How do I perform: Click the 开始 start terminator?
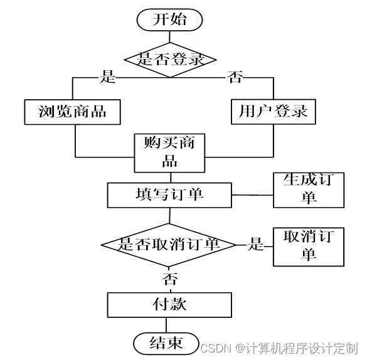pos(169,19)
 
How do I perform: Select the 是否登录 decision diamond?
pos(170,60)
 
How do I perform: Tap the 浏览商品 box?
pos(73,112)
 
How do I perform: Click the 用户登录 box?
pos(274,112)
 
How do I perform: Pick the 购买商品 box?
pos(169,153)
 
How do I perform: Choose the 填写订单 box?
pos(169,195)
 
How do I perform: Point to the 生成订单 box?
pos(309,190)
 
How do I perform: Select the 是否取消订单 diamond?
pos(169,245)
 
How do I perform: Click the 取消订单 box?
pos(309,246)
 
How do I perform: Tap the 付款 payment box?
pos(169,305)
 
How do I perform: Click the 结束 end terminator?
pos(166,344)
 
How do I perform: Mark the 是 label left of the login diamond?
pos(108,77)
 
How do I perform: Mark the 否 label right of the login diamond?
pos(235,77)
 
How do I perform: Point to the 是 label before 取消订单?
pos(256,244)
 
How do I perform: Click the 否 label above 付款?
pos(169,278)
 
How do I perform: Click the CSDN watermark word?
pos(216,348)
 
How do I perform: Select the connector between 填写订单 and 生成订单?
pos(253,195)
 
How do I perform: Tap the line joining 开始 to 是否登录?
pos(169,36)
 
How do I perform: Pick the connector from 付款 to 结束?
pos(166,325)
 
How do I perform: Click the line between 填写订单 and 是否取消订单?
pos(169,216)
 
